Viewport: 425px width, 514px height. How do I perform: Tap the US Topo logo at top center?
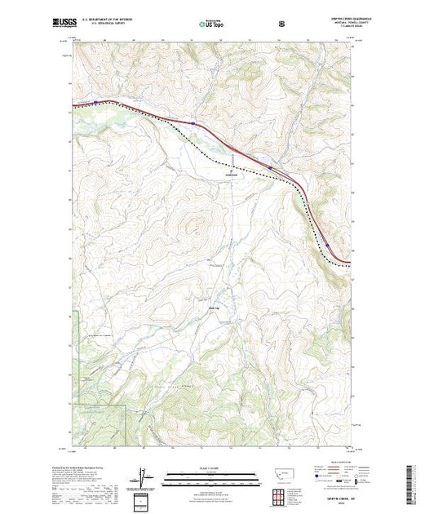pos(212,25)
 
